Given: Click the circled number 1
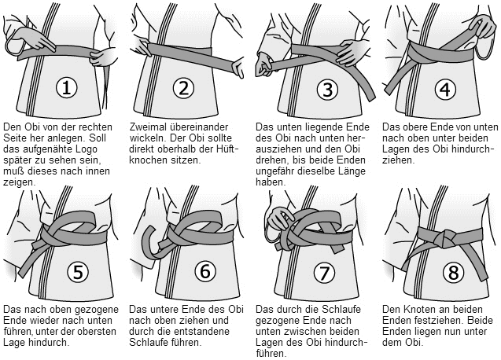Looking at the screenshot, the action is click(x=66, y=87).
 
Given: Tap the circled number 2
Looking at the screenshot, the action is click(x=183, y=87).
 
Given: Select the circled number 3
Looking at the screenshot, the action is click(x=327, y=89).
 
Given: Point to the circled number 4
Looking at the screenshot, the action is click(x=445, y=89).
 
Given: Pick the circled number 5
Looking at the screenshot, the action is click(x=78, y=271).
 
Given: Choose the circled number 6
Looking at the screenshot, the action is click(x=205, y=271).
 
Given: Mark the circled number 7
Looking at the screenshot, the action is click(x=324, y=273).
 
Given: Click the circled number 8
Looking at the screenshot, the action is click(x=453, y=273).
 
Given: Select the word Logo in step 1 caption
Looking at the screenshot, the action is click(x=86, y=149).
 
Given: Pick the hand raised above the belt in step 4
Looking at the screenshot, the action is click(x=482, y=25).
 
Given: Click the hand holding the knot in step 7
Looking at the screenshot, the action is click(x=278, y=219).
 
